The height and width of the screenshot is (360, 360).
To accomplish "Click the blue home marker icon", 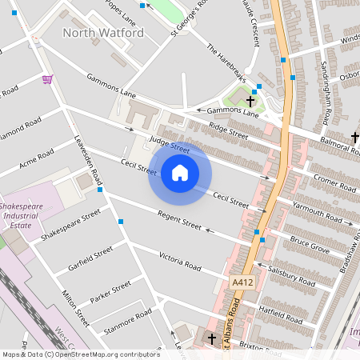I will pyautogui.click(x=180, y=172).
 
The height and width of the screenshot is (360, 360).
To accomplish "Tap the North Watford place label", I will pyautogui.click(x=103, y=33).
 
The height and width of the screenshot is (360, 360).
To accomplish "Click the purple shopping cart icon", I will pyautogui.click(x=48, y=79).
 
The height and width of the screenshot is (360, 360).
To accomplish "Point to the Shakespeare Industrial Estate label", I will pyautogui.click(x=25, y=216).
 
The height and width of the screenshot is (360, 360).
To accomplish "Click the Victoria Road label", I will pyautogui.click(x=179, y=262).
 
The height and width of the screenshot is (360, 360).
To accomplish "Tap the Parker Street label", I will pyautogui.click(x=110, y=290).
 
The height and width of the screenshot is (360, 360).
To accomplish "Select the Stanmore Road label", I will pyautogui.click(x=127, y=322).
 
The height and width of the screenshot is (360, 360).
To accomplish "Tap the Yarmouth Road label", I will pyautogui.click(x=317, y=214).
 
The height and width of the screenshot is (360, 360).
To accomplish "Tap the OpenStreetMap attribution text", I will pyautogui.click(x=80, y=354).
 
